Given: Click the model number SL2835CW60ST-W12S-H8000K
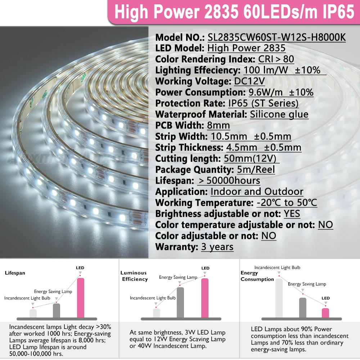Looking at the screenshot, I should click(276, 37).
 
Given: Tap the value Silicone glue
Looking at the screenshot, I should click(279, 114).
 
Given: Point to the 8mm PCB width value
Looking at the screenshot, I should click(218, 126).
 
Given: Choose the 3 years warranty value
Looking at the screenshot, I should click(217, 247).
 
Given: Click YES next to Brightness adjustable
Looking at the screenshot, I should click(292, 214).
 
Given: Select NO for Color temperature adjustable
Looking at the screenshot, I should click(325, 225).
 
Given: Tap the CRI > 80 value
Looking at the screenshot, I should click(276, 59).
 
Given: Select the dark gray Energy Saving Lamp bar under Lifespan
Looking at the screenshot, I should click(57, 311).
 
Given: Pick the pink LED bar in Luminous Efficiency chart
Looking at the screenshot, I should click(204, 298).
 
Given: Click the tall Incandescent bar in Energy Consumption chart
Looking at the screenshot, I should click(279, 298).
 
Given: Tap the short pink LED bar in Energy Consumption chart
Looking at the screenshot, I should click(325, 312).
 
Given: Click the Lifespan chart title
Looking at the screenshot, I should click(15, 273).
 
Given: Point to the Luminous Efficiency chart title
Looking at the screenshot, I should click(134, 276).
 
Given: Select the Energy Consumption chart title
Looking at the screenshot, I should click(257, 276).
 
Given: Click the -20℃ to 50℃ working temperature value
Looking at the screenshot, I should click(287, 203).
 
